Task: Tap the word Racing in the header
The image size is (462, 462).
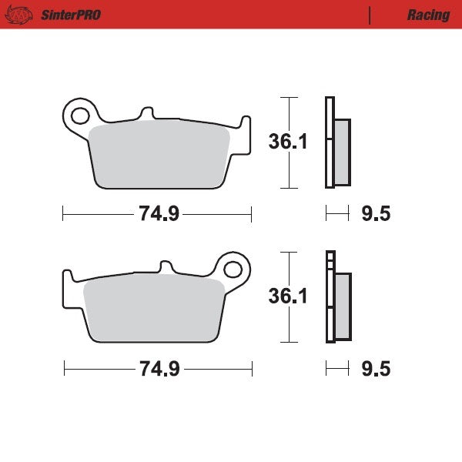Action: click(428, 15)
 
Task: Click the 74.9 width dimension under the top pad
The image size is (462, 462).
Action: click(159, 214)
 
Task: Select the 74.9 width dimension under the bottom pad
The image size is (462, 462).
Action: click(159, 369)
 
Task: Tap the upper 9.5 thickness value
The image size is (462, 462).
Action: click(376, 214)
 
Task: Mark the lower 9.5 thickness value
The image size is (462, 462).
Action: click(376, 369)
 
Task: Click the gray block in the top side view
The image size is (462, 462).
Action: click(342, 151)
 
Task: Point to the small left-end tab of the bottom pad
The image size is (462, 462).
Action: click(68, 277)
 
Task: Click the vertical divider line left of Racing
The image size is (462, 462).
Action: click(370, 15)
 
